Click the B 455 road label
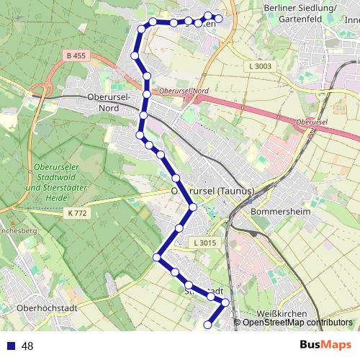(x=76, y=55)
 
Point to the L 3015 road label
(x=204, y=243)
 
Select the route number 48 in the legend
(x=27, y=346)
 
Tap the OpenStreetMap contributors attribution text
(x=297, y=323)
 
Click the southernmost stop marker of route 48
(x=208, y=325)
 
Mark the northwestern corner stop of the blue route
(x=140, y=29)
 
